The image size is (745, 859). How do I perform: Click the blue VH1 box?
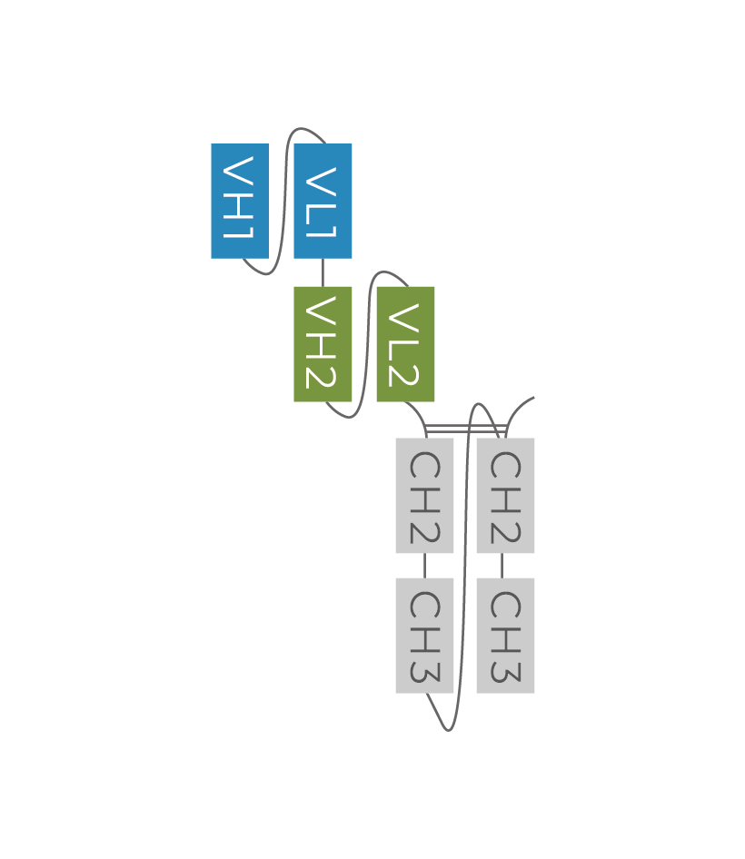click(x=240, y=201)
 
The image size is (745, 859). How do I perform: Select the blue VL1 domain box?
click(x=323, y=201)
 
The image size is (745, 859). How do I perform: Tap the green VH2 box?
click(x=323, y=343)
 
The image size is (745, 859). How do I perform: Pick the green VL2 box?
click(x=405, y=343)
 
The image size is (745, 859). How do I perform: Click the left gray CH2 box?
click(x=424, y=495)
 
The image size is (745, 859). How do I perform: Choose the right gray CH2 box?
click(x=505, y=495)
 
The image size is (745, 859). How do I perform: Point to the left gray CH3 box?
click(x=424, y=635)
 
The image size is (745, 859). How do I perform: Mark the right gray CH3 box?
click(x=505, y=635)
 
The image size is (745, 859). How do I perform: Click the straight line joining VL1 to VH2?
click(x=323, y=272)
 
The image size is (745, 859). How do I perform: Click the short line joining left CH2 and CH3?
click(x=424, y=565)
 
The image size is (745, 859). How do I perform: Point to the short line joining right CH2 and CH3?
click(x=502, y=565)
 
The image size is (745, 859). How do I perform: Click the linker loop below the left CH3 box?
click(x=446, y=726)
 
